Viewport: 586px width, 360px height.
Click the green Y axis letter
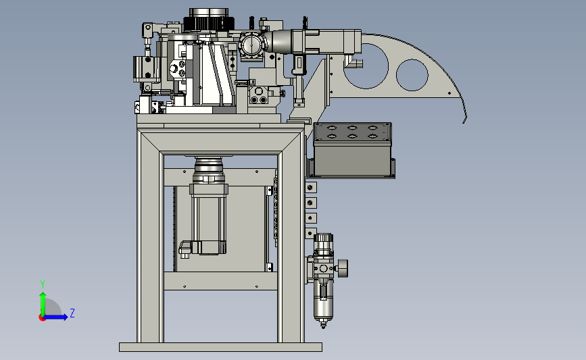tap(43, 284)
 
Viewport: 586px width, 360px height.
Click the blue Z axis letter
tap(72, 313)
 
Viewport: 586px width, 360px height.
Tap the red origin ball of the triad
tap(42, 318)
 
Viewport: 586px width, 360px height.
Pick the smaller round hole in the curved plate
tap(412, 75)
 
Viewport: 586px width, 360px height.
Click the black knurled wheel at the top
tap(209, 23)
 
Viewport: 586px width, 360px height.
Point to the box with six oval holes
tap(352, 150)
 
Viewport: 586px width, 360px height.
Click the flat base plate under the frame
tap(220, 347)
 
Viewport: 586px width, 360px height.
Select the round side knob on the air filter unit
tap(343, 268)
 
